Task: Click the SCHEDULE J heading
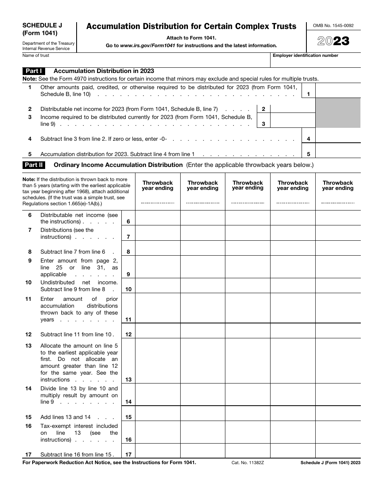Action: [x=40, y=25]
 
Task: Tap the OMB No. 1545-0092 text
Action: [x=333, y=26]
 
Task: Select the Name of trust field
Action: [x=145, y=61]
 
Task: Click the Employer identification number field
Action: [x=315, y=61]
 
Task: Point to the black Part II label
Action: [x=34, y=165]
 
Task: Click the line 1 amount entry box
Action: [x=337, y=91]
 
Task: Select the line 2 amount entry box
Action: [x=292, y=109]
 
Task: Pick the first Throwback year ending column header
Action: [x=158, y=185]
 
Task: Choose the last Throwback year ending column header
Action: [x=337, y=185]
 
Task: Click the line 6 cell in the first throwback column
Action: [x=158, y=218]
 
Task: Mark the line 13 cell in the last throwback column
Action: [x=337, y=361]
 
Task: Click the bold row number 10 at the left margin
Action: [x=29, y=283]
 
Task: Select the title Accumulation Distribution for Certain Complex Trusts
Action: [x=191, y=27]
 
